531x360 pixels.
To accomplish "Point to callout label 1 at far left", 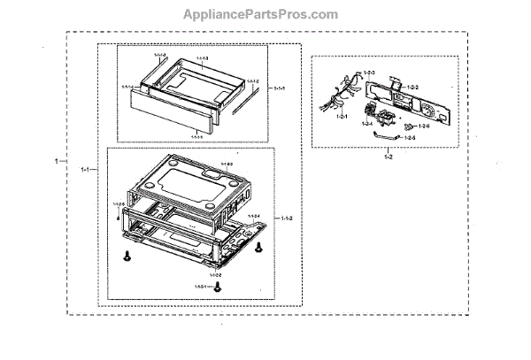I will pos(58,162).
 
